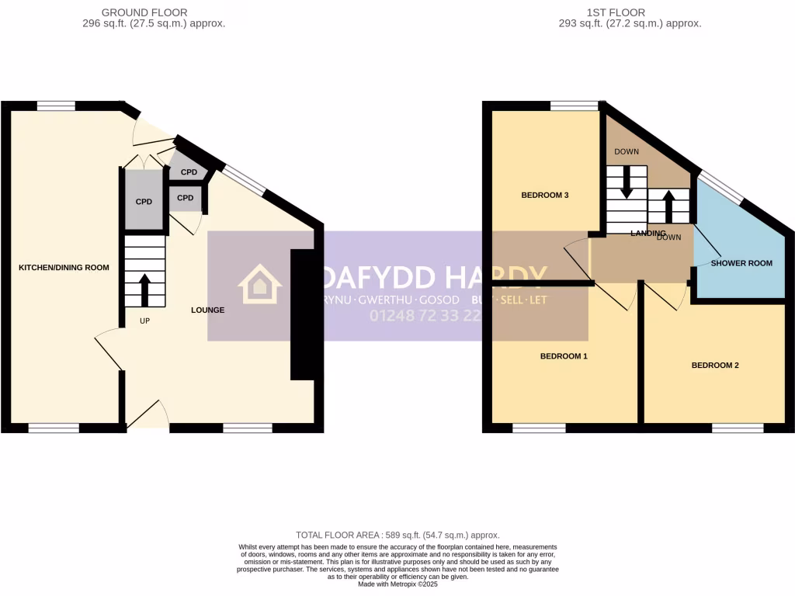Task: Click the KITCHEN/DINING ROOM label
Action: (x=64, y=267)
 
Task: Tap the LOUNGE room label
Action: (x=208, y=310)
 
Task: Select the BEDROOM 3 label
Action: (x=544, y=195)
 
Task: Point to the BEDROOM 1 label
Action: (x=564, y=356)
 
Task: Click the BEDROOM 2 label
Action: (x=715, y=365)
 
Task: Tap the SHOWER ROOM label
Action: (x=741, y=263)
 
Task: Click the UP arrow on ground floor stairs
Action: (x=145, y=289)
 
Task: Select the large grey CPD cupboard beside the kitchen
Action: (x=144, y=202)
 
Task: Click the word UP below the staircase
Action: (x=144, y=321)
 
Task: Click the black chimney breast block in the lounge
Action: (x=302, y=314)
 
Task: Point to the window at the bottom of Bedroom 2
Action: (x=738, y=428)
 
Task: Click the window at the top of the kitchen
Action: (x=56, y=106)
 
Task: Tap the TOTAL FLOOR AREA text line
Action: (x=397, y=535)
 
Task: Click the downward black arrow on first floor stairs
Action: (x=627, y=182)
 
